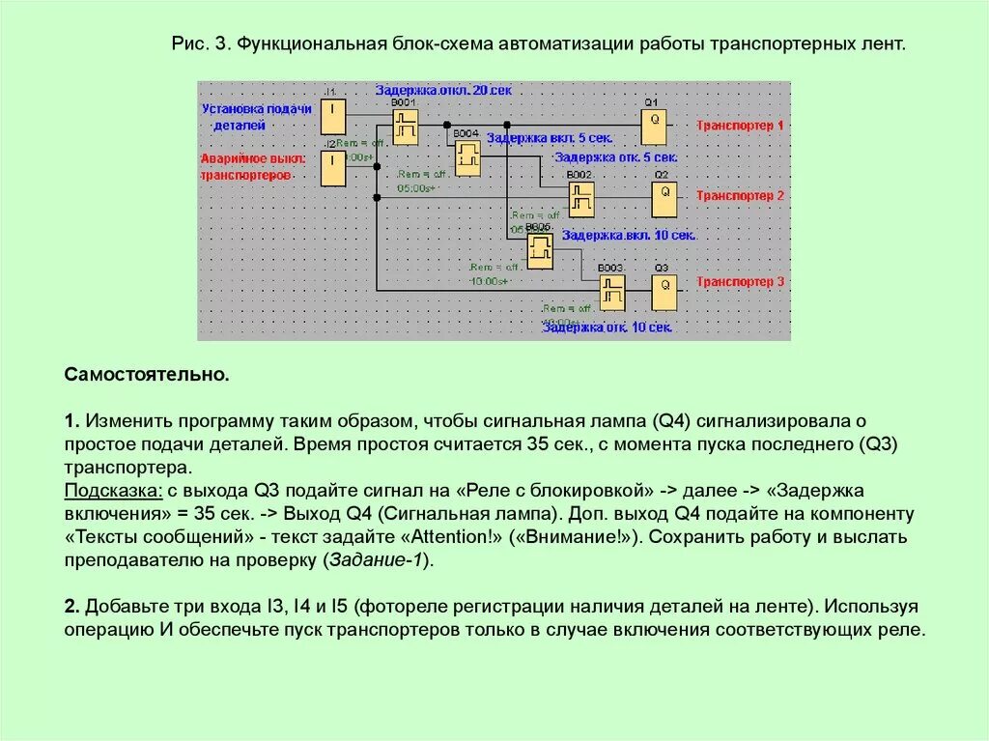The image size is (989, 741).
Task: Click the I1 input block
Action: (x=332, y=116)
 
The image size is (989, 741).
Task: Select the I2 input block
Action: (x=332, y=168)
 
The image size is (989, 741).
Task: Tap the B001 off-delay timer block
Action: (x=406, y=126)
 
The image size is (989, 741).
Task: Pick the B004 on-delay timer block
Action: (x=467, y=157)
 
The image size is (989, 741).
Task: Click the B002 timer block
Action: (x=580, y=199)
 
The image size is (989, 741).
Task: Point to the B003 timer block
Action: (x=611, y=291)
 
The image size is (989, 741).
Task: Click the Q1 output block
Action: (x=653, y=121)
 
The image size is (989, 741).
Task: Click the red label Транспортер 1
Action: (x=741, y=126)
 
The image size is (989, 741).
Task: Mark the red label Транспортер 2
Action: (x=741, y=196)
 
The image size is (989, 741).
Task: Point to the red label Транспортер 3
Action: (x=741, y=282)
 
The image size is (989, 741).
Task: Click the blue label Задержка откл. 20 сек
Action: (x=443, y=90)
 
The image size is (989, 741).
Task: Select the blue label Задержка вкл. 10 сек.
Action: (x=629, y=235)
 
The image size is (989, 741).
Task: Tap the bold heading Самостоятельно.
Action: (x=147, y=374)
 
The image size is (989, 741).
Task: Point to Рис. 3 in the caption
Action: (x=201, y=45)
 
